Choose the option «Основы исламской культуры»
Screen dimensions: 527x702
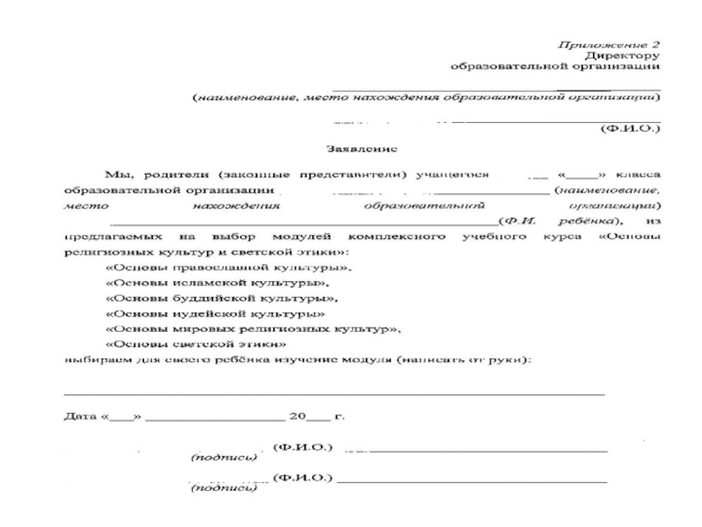coord(218,283)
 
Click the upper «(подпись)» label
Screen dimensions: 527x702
coord(224,458)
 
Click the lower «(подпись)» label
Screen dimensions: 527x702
coord(224,487)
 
